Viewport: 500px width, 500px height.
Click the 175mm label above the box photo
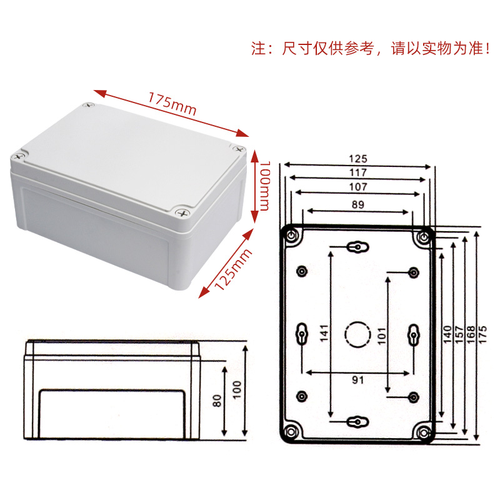point(172,103)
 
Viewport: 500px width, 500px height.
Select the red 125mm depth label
point(232,269)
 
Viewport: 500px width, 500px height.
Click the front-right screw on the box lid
point(183,212)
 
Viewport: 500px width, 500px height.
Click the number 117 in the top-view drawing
point(358,172)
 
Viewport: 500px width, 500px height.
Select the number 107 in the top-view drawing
point(358,186)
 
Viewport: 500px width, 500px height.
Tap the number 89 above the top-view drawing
point(358,204)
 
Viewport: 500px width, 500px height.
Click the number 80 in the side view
point(217,400)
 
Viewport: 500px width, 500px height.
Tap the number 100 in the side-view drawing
point(236,391)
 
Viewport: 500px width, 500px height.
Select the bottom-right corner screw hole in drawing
point(425,432)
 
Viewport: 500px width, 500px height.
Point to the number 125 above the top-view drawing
point(358,159)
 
